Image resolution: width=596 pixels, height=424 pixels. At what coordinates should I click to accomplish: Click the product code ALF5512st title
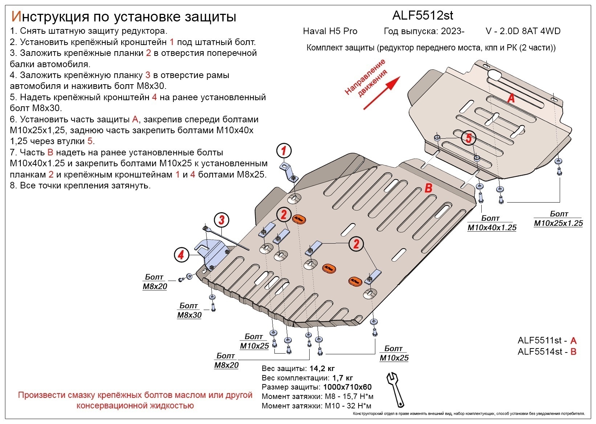tap(422, 15)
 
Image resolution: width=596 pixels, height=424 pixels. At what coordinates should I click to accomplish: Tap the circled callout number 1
tap(284, 151)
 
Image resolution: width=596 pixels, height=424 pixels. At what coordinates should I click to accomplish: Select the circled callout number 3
tap(221, 220)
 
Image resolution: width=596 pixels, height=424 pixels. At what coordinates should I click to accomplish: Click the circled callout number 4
tap(181, 255)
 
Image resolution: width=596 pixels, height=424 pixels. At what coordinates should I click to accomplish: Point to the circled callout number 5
tap(469, 138)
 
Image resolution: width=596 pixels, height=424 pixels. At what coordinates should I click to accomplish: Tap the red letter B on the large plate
tap(428, 188)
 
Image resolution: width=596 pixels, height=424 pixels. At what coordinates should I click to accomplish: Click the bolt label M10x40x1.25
tap(491, 228)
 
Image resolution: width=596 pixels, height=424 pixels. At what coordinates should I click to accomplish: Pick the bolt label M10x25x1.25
tap(558, 223)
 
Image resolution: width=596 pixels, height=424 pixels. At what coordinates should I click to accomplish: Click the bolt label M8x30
tap(189, 315)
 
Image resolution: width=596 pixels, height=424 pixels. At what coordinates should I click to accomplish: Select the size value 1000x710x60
tap(347, 387)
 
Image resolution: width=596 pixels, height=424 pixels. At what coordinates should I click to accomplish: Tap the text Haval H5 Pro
tap(330, 31)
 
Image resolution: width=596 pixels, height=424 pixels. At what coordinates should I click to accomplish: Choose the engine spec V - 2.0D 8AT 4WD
tap(523, 31)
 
